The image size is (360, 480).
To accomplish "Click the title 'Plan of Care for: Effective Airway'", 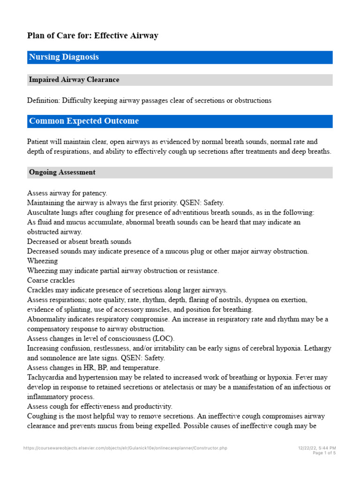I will click(92, 36).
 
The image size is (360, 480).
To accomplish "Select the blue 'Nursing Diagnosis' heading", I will click(64, 57).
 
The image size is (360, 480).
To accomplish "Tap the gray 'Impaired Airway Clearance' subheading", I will click(74, 80).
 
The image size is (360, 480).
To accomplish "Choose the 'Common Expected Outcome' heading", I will click(84, 121).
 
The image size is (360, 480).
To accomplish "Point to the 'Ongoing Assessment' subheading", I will click(62, 172).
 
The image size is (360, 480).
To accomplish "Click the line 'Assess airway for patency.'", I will click(67, 193).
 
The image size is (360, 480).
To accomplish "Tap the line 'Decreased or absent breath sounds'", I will click(79, 241).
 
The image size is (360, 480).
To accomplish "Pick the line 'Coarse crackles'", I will click(51, 280).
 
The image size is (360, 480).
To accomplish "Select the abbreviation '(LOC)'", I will click(165, 338).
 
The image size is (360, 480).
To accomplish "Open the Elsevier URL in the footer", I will click(125, 448).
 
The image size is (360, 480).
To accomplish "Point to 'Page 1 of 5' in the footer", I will click(324, 453).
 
